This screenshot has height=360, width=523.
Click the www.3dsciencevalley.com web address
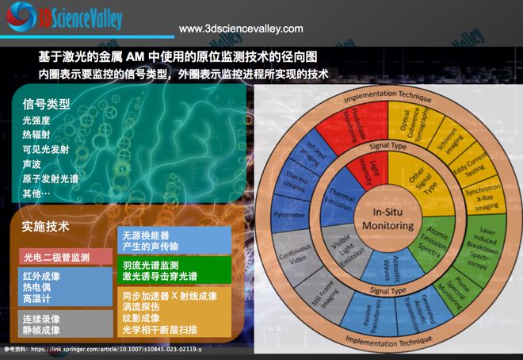click(x=241, y=29)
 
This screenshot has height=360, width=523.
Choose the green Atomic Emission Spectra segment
click(x=432, y=243)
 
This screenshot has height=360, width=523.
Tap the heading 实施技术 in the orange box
click(x=47, y=226)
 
